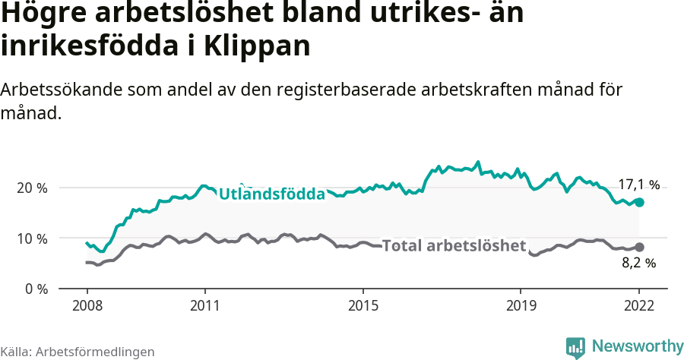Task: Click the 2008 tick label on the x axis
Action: tap(87, 306)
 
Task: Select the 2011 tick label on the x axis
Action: tap(205, 306)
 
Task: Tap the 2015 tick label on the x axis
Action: tap(363, 306)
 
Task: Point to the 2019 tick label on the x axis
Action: tap(521, 306)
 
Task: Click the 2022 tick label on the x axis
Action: tap(639, 306)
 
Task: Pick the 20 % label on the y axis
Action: tap(32, 188)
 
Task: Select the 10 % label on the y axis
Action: tap(32, 238)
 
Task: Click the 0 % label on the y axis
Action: tap(36, 289)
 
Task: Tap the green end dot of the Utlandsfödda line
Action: tap(640, 203)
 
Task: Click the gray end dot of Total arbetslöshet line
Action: tap(640, 247)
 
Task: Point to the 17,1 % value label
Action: tap(638, 185)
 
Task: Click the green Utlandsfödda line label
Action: tap(271, 194)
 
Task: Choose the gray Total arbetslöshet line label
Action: tap(454, 246)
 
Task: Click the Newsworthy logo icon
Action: tap(575, 347)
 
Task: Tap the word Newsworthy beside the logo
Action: tap(638, 346)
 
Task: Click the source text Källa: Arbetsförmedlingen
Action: tap(78, 352)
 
